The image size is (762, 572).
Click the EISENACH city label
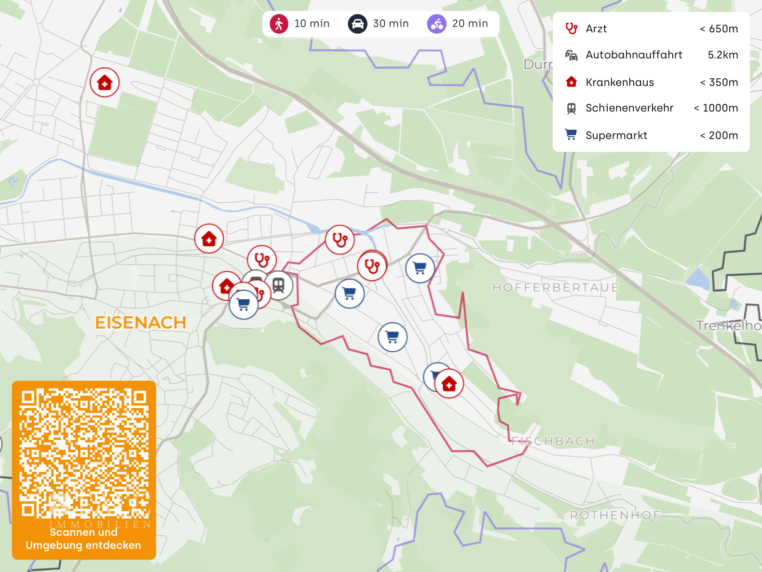pyautogui.click(x=140, y=322)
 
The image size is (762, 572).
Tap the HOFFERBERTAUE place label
pyautogui.click(x=555, y=288)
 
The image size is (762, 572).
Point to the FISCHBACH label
pyautogui.click(x=553, y=441)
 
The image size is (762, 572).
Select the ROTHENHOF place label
pyautogui.click(x=615, y=515)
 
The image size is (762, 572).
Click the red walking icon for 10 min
pyautogui.click(x=279, y=24)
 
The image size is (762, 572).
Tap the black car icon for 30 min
pyautogui.click(x=357, y=24)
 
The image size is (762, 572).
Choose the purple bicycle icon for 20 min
pyautogui.click(x=436, y=24)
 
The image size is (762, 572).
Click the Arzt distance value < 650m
pyautogui.click(x=719, y=29)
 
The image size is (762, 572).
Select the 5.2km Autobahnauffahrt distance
pyautogui.click(x=722, y=55)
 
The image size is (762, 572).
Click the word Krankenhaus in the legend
pyautogui.click(x=620, y=83)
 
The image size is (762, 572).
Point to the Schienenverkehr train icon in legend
pyautogui.click(x=571, y=109)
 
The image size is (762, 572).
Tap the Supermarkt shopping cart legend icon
pyautogui.click(x=571, y=135)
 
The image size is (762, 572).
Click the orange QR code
pyautogui.click(x=84, y=454)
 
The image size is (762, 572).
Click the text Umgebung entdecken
pyautogui.click(x=83, y=545)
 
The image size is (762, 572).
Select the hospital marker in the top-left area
pyautogui.click(x=105, y=83)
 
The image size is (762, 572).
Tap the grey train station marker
pyautogui.click(x=279, y=285)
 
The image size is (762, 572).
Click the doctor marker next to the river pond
pyautogui.click(x=340, y=239)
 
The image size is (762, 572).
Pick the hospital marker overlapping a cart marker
pyautogui.click(x=449, y=384)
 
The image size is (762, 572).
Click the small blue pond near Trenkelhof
pyautogui.click(x=697, y=279)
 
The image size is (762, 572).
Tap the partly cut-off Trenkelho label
pyautogui.click(x=728, y=326)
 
